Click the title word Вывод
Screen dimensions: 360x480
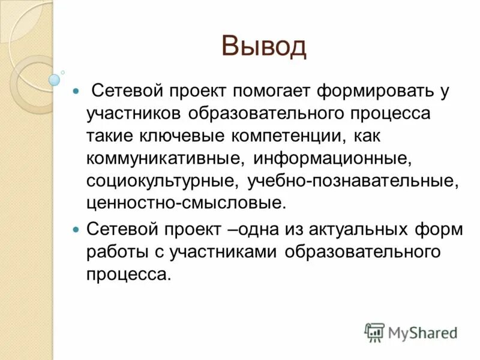point(263,46)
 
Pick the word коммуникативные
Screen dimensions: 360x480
point(165,158)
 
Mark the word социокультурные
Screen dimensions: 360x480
point(161,181)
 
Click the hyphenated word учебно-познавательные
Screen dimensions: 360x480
point(351,181)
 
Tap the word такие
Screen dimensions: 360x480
point(110,137)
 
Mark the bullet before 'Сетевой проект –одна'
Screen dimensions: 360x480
point(75,230)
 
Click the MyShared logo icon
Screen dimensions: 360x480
point(374,332)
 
